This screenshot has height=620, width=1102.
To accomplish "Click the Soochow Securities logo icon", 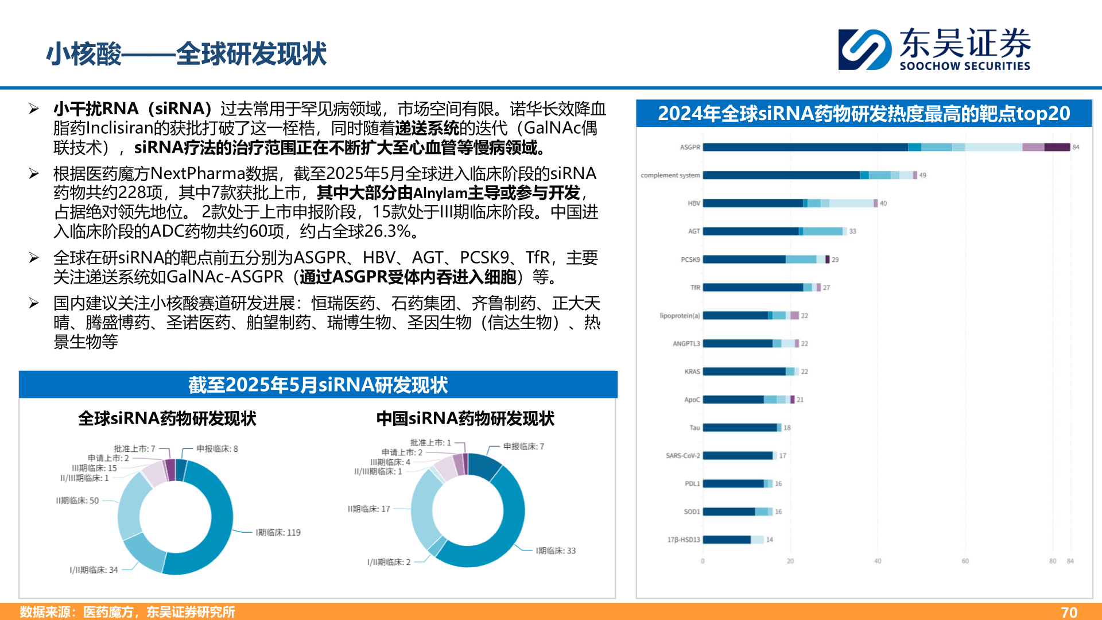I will (864, 50).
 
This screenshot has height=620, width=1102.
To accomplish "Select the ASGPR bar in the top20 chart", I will (886, 148).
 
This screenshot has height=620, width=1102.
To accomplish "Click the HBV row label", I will (693, 203).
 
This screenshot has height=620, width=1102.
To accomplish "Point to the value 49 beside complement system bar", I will (922, 176).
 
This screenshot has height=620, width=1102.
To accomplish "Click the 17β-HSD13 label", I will (683, 540).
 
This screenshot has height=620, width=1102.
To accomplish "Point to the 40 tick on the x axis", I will (878, 561).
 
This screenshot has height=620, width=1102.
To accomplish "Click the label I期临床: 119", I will (278, 533).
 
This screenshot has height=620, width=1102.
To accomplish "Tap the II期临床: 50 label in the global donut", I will (77, 501).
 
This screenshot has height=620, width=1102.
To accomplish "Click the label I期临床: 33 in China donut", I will (556, 551).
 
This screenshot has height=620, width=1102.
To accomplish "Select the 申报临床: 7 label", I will (523, 447).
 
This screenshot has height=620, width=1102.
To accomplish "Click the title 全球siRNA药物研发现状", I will (167, 419).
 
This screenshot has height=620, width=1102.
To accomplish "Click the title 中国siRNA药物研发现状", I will (465, 419).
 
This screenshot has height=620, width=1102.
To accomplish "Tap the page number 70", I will (1069, 612).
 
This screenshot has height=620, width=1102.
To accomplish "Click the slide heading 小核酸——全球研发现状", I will (187, 55).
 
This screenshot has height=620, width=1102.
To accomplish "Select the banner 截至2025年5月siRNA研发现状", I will (318, 385).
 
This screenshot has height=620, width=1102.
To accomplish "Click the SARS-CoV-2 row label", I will (682, 456).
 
